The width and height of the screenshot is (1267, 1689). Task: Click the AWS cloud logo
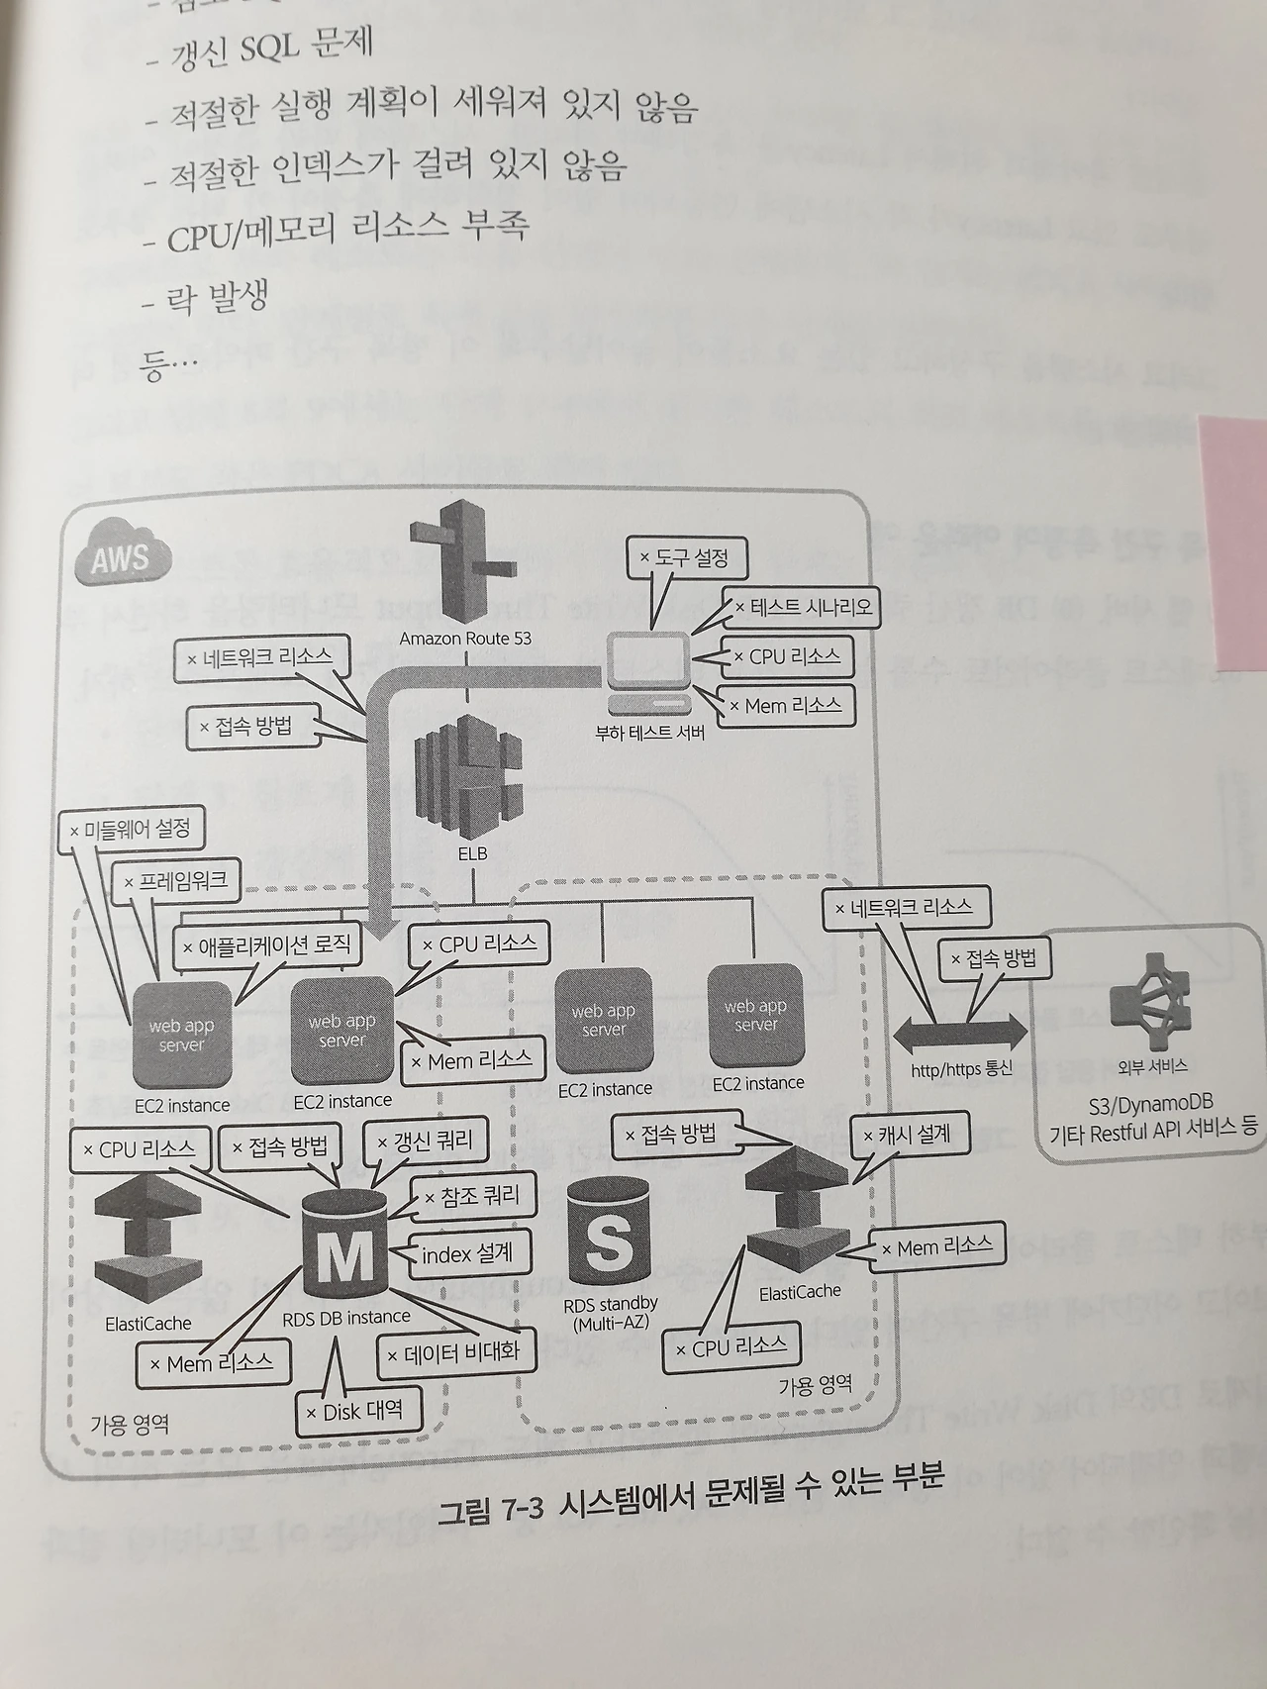click(122, 558)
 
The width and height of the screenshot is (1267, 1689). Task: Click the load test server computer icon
click(649, 673)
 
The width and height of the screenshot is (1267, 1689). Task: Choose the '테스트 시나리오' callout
click(802, 607)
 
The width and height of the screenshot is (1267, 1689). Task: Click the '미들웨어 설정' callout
click(131, 830)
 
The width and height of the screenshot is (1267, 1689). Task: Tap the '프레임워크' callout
click(175, 880)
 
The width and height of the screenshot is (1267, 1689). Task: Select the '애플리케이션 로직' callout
click(266, 945)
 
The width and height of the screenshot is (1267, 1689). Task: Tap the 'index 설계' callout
click(467, 1253)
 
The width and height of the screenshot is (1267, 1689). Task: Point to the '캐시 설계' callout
click(907, 1135)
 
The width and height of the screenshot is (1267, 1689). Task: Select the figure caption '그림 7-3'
click(492, 1513)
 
